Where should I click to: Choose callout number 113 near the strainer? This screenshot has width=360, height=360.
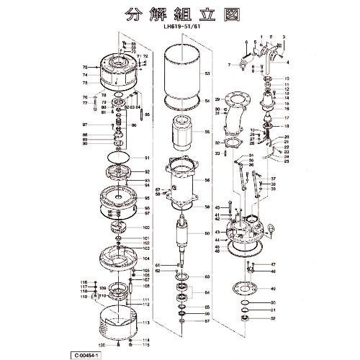(x=146, y=323)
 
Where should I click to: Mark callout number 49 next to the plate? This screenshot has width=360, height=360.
(x=273, y=289)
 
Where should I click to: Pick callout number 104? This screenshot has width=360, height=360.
(x=146, y=257)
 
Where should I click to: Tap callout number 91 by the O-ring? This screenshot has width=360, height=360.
(x=146, y=158)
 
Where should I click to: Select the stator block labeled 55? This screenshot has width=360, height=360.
(x=183, y=135)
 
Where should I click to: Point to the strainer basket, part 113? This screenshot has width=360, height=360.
(x=117, y=323)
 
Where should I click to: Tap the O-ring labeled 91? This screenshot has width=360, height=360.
(x=117, y=158)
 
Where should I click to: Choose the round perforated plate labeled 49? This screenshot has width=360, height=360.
(x=248, y=290)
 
